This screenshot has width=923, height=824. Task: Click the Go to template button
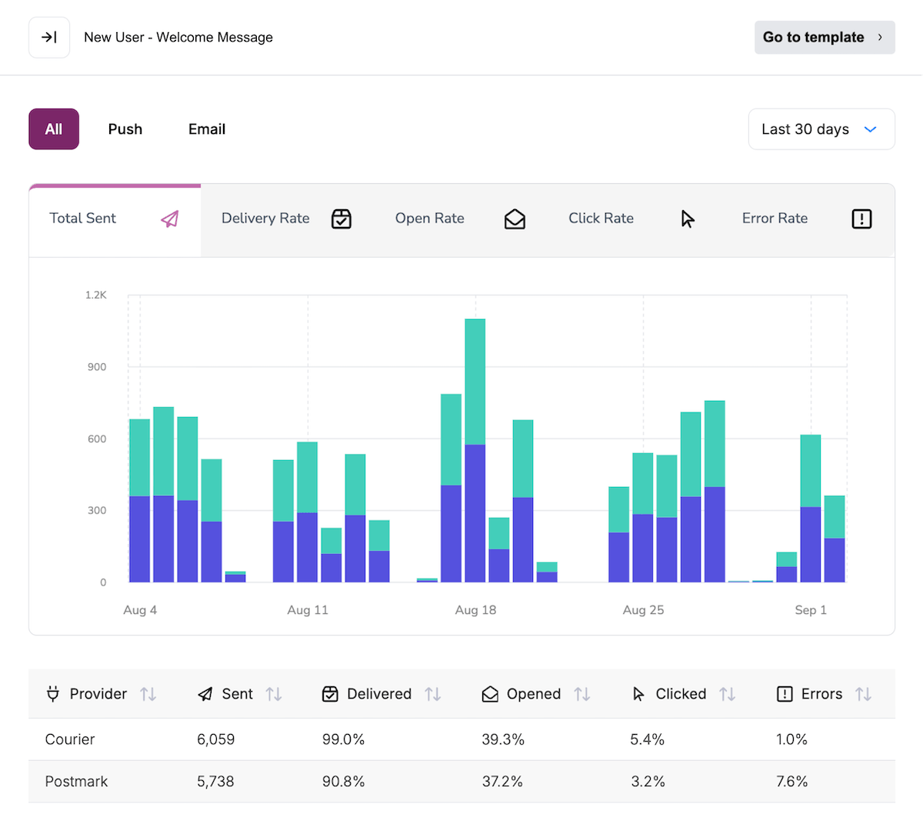point(824,37)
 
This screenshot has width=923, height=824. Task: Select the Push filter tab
point(125,129)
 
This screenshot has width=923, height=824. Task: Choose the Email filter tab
point(207,129)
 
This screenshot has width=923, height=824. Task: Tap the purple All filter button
point(54,129)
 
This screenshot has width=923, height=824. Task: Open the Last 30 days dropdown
point(821,129)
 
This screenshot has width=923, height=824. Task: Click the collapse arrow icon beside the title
point(49,37)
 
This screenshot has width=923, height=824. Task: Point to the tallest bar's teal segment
point(475,381)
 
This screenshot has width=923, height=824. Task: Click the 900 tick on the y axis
point(97,367)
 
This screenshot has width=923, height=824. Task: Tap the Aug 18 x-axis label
point(475,610)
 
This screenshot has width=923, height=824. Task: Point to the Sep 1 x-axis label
point(811,610)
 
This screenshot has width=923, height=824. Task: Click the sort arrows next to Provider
point(148,694)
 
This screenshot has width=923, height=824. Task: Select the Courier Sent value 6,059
point(215,739)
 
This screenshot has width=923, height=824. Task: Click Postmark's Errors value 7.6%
point(791,782)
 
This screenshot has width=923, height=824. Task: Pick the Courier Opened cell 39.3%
point(503,739)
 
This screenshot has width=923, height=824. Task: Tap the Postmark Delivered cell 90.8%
point(343,782)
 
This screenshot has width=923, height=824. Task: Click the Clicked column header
point(680,694)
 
